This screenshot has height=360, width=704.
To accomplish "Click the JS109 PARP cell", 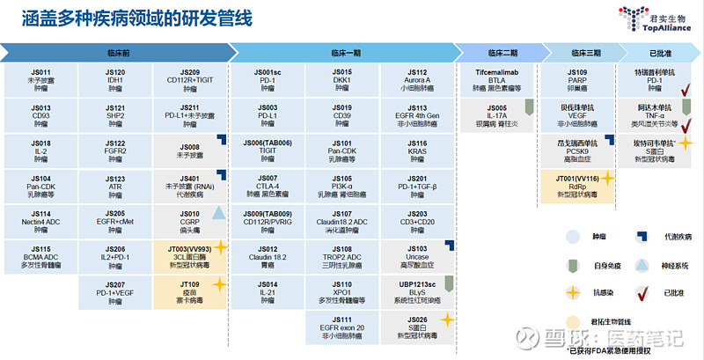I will pyautogui.click(x=577, y=78).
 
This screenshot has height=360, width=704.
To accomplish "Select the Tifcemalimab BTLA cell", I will pyautogui.click(x=499, y=78).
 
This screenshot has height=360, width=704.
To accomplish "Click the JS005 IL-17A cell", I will pyautogui.click(x=497, y=114).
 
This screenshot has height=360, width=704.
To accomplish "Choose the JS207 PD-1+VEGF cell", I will pyautogui.click(x=115, y=292).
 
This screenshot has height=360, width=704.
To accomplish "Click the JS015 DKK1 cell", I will pyautogui.click(x=342, y=78).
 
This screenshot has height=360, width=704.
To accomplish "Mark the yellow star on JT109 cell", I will pyautogui.click(x=219, y=283).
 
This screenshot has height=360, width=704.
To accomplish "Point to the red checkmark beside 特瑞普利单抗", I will pyautogui.click(x=683, y=88).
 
